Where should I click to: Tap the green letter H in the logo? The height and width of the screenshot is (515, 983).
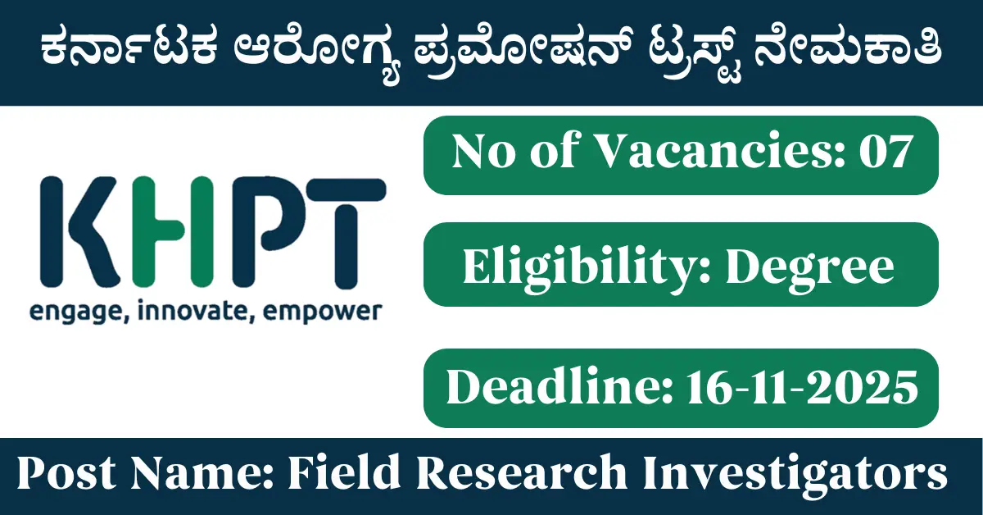173,231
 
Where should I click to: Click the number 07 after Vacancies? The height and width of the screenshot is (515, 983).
886,152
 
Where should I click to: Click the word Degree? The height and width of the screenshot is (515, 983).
809,268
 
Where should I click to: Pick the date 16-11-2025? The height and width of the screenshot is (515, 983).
803,388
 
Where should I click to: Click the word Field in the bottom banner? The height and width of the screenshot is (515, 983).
344,472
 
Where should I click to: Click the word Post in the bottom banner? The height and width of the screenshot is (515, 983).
66,473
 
